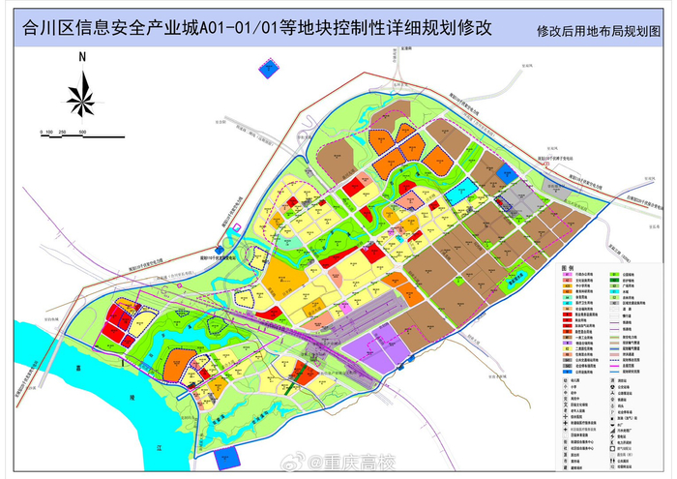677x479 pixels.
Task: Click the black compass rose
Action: [x=82, y=95]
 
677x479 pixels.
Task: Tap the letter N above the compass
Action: [x=82, y=59]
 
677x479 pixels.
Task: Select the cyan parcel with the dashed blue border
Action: [x=460, y=188]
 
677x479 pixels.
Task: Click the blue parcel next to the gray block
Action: [x=509, y=173]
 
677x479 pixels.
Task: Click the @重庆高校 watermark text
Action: [x=360, y=462]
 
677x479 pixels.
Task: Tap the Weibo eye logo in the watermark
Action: [x=311, y=462]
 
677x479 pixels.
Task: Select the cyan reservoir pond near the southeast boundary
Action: [x=526, y=274]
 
